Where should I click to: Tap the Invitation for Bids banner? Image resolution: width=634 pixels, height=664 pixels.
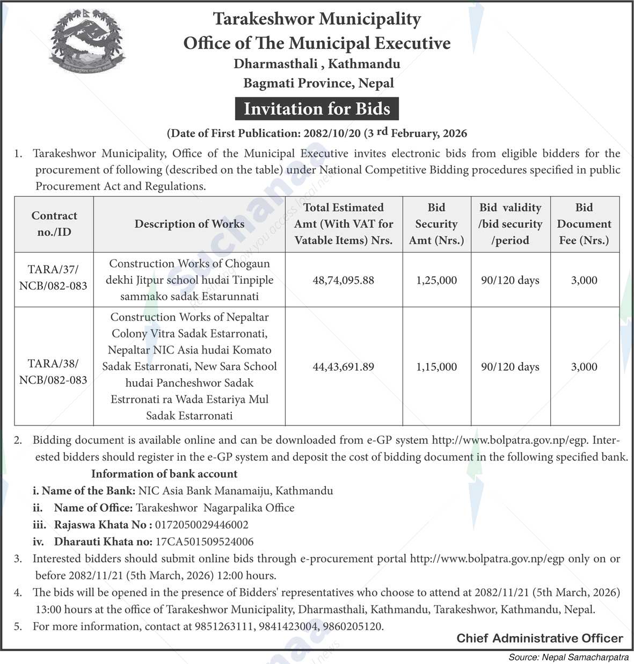coord(317,109)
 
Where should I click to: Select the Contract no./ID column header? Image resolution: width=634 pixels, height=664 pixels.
coord(54,223)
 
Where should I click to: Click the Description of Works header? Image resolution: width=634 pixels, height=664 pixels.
coord(189,223)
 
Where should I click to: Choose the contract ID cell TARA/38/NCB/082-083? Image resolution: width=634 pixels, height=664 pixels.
coord(54,371)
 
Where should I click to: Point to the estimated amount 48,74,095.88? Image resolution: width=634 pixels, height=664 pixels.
coord(344,280)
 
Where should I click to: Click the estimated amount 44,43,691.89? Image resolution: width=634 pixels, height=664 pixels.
coord(344,367)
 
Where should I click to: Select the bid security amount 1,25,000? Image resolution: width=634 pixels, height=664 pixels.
coord(436,280)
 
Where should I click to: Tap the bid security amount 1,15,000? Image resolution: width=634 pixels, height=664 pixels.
coord(436,367)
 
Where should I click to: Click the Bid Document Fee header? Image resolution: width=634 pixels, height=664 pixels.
coord(584,223)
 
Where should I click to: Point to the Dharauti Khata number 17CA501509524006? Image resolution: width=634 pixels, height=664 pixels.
coord(205,542)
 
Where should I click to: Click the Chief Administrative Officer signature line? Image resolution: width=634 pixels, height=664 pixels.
coord(540,638)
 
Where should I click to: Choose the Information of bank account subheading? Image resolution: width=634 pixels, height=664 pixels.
coord(164,474)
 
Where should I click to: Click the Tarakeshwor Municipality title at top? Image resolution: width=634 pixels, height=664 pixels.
coord(317,19)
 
